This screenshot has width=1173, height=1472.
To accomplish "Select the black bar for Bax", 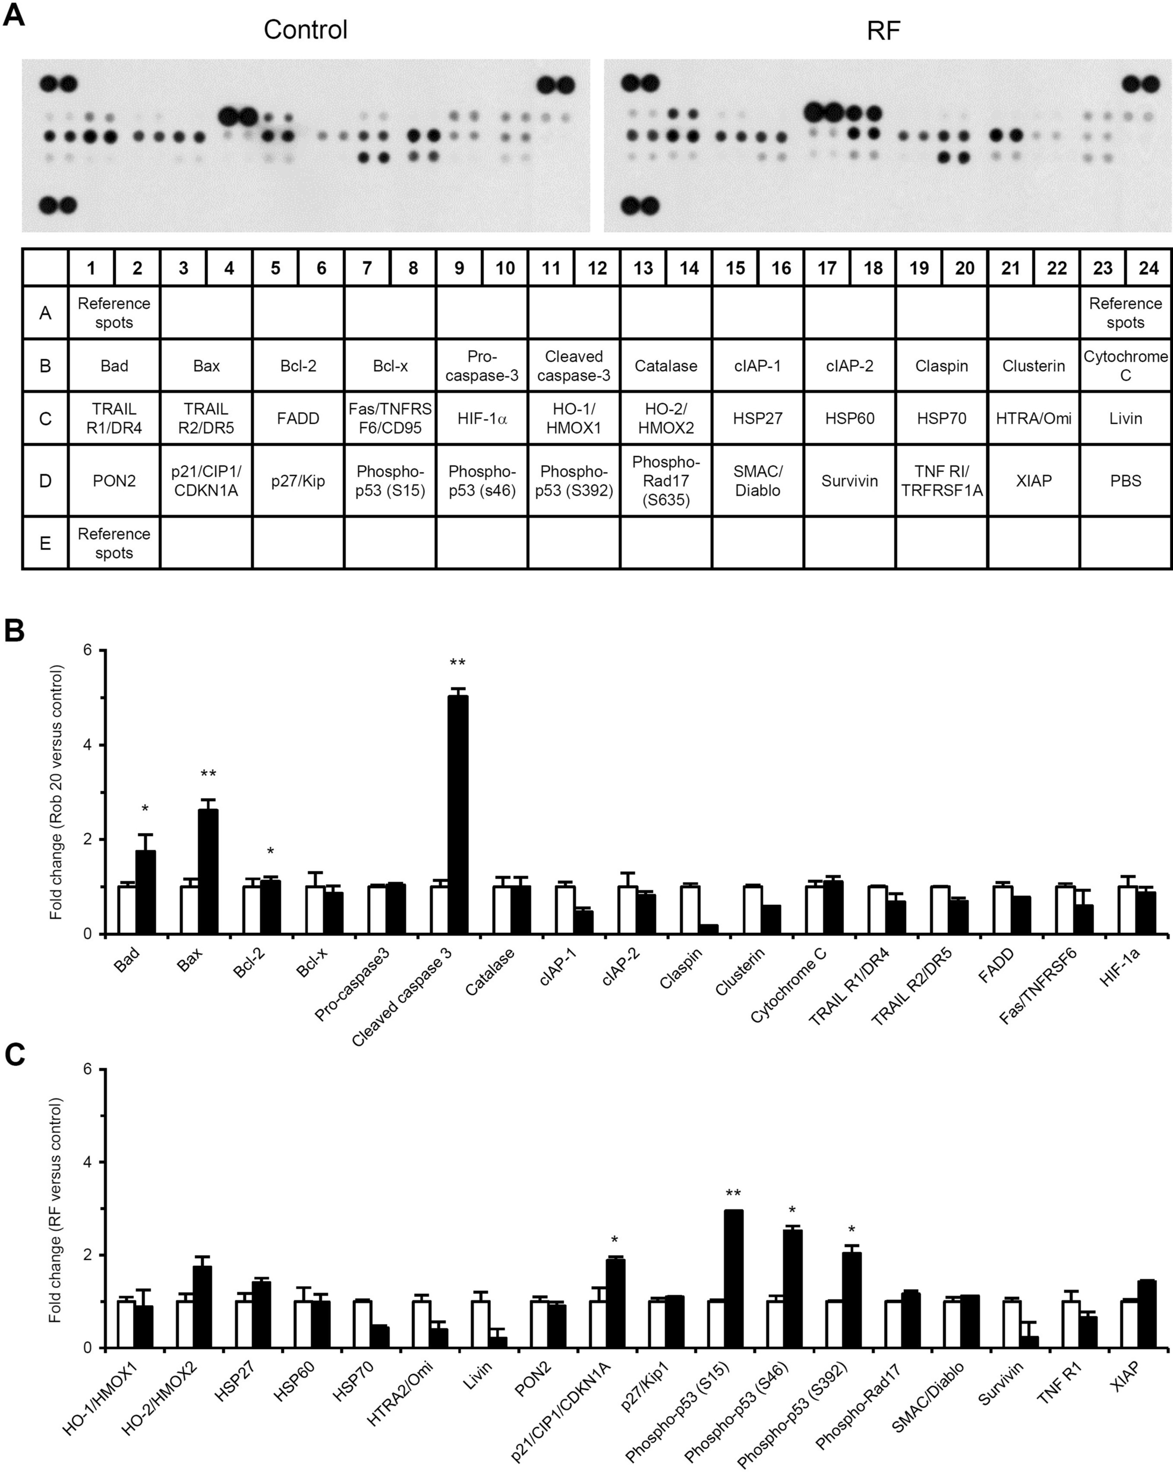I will click(208, 871).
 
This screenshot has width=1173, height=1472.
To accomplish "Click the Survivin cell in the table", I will click(849, 480).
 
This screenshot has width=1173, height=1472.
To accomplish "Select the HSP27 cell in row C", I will click(758, 418).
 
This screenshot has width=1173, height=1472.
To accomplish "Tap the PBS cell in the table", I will click(1125, 480).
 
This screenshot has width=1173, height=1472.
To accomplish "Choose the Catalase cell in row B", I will click(666, 365).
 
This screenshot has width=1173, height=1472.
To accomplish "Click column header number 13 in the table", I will click(643, 268).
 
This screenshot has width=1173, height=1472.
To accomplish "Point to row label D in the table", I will click(45, 480).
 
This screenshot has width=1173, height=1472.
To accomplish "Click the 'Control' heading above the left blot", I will click(305, 30).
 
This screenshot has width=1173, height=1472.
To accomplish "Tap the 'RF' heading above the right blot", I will click(884, 30).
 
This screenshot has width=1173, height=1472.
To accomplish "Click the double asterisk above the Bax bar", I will click(209, 774).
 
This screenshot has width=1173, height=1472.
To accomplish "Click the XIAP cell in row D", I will click(1033, 480).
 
